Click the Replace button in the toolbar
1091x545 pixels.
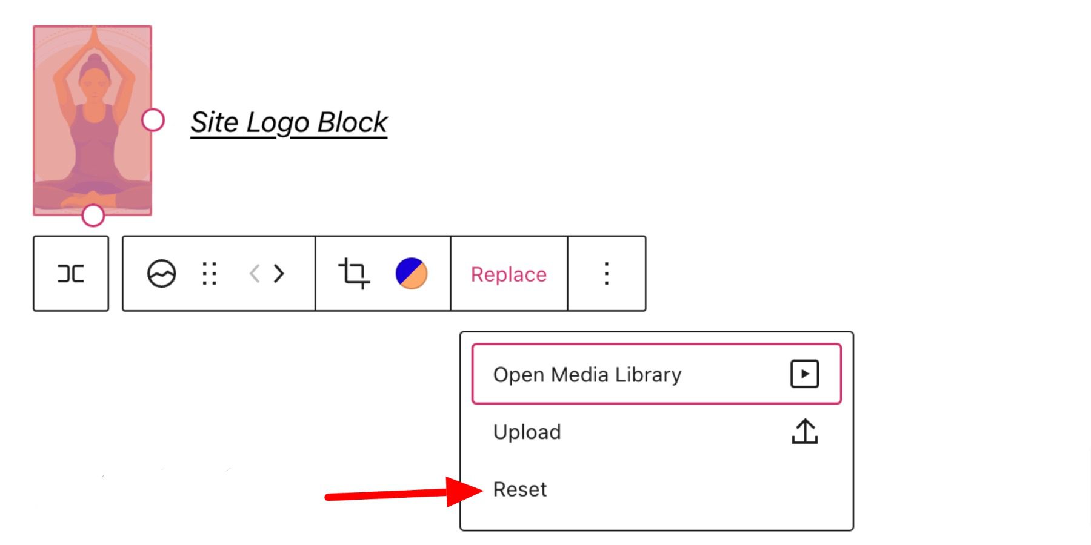pos(509,274)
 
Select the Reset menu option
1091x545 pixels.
pos(519,489)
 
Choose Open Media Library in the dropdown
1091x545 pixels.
pos(587,375)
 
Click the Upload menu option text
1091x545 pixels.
pos(527,432)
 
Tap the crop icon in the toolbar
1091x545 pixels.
pos(354,274)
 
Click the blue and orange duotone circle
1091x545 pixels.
pos(412,274)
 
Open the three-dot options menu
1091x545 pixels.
pos(606,274)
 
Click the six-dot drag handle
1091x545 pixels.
pos(210,274)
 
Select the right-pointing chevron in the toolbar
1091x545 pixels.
pos(279,274)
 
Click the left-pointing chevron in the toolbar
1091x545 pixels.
pos(255,274)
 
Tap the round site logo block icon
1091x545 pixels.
pos(162,274)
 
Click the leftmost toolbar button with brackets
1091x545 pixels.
pos(71,274)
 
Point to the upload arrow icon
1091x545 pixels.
pos(805,432)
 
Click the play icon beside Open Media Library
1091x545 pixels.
pos(805,374)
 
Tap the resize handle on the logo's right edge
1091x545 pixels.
pos(153,120)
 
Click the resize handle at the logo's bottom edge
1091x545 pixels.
pos(93,215)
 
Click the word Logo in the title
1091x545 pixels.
pos(277,123)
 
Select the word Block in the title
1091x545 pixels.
pos(352,122)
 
